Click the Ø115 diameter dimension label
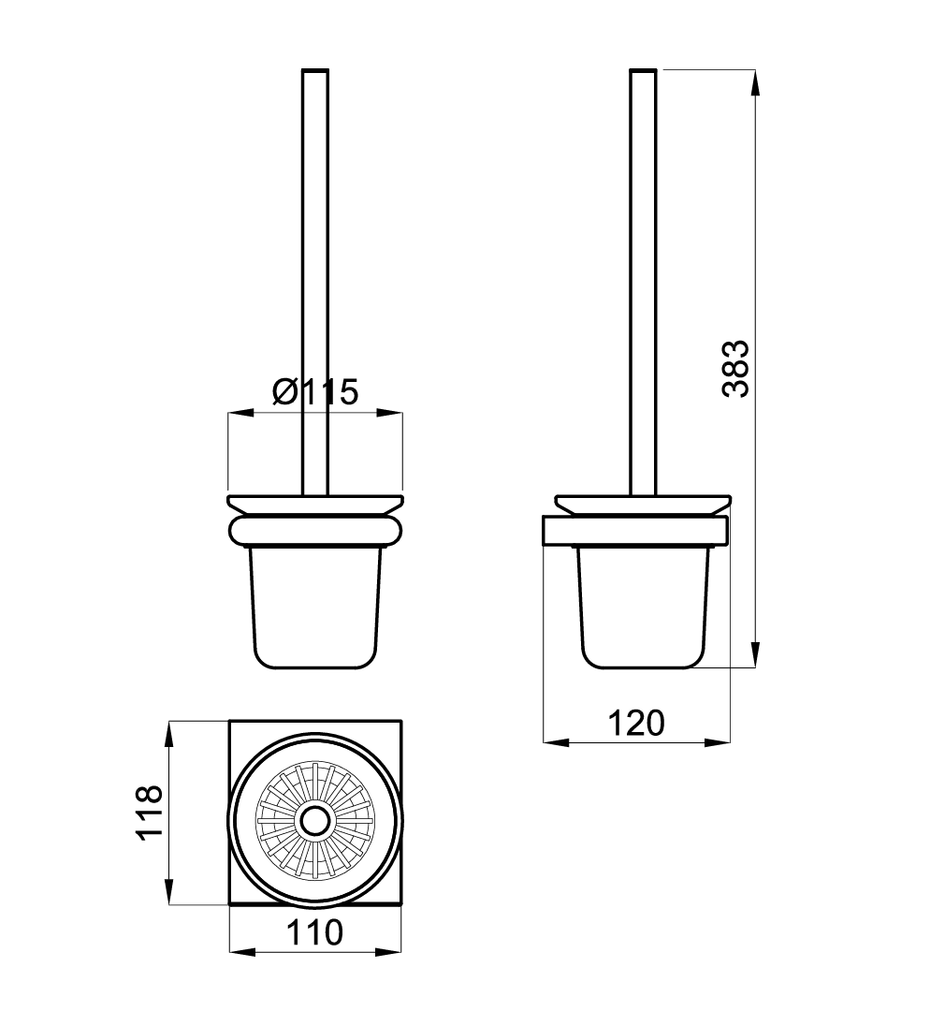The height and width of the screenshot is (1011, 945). tap(315, 390)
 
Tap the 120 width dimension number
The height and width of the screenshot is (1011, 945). tap(636, 723)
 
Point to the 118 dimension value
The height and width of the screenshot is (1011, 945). tap(150, 813)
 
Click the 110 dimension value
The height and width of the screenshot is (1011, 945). tap(315, 932)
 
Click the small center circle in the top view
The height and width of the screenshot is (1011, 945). tap(315, 822)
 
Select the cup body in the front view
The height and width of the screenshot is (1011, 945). tap(315, 607)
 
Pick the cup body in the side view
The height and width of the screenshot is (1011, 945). tap(641, 607)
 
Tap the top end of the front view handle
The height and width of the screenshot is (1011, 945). tap(315, 71)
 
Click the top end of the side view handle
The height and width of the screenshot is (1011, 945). tap(643, 71)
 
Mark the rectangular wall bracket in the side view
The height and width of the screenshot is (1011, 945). tap(636, 530)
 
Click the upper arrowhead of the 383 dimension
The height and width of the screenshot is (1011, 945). tap(756, 81)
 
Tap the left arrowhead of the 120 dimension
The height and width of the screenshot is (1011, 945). tap(555, 743)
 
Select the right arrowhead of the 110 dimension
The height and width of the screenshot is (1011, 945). tap(391, 953)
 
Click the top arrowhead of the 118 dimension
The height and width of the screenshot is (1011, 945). tap(169, 732)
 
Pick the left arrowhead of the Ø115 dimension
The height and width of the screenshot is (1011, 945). tap(240, 412)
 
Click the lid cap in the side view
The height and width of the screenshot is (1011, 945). tap(643, 504)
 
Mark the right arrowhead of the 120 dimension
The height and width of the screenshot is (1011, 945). tap(719, 743)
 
